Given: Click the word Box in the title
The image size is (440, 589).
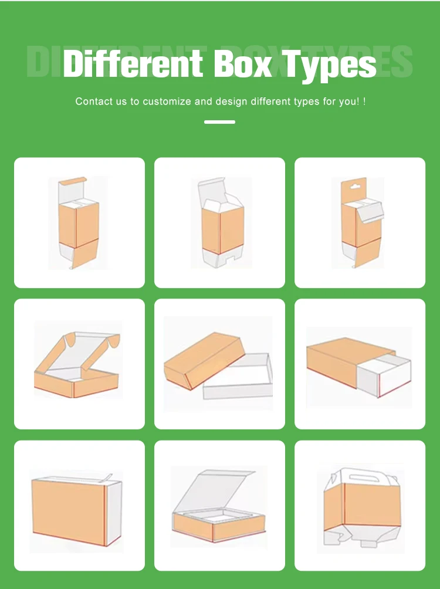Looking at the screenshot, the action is (243, 63).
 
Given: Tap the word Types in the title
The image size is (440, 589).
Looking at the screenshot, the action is (329, 65).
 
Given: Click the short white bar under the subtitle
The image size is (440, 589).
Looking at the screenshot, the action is (220, 122).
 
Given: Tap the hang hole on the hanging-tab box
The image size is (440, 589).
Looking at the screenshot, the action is (353, 186).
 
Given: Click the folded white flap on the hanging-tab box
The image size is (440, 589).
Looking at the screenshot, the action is (370, 211).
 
